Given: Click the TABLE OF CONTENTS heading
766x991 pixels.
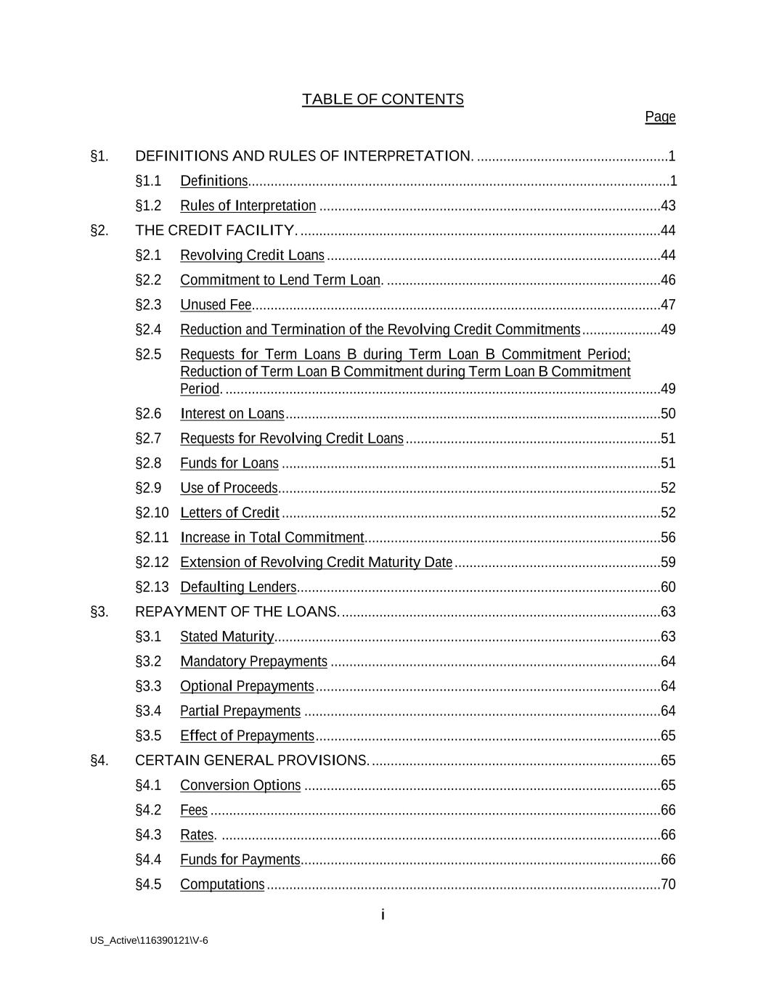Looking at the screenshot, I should pos(383,99).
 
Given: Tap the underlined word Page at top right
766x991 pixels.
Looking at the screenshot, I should pos(660,117).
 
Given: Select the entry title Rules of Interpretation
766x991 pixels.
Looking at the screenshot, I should pos(248,206).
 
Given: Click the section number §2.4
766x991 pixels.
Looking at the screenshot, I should pos(148,330).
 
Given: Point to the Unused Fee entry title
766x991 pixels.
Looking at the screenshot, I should pos(216,305).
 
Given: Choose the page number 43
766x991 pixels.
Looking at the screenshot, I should pos(668,206).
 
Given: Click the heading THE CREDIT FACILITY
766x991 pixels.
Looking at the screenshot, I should pos(216,231).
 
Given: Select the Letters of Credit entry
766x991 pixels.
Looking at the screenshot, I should pos(229,513).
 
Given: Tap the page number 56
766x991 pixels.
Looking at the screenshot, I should pos(668,538).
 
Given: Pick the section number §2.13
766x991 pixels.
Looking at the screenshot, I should pos(152,587).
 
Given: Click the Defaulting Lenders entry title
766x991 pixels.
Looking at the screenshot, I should pos(238,587).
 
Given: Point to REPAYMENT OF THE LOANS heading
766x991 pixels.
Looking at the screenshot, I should pos(237,612).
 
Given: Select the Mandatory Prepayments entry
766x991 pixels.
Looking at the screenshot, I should pos(253,661).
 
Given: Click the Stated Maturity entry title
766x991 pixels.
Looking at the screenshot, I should pos(227,637).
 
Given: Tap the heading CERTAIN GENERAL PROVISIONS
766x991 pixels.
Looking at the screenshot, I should pos(252,761).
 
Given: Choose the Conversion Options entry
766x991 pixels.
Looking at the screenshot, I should pos(240,786).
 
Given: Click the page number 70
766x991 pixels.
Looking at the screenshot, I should pos(668,884).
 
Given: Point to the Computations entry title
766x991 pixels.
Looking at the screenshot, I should pos(222,884).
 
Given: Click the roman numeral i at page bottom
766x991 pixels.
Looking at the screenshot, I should pos(383,915).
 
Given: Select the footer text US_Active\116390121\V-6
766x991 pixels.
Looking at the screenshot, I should pos(149,941).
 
